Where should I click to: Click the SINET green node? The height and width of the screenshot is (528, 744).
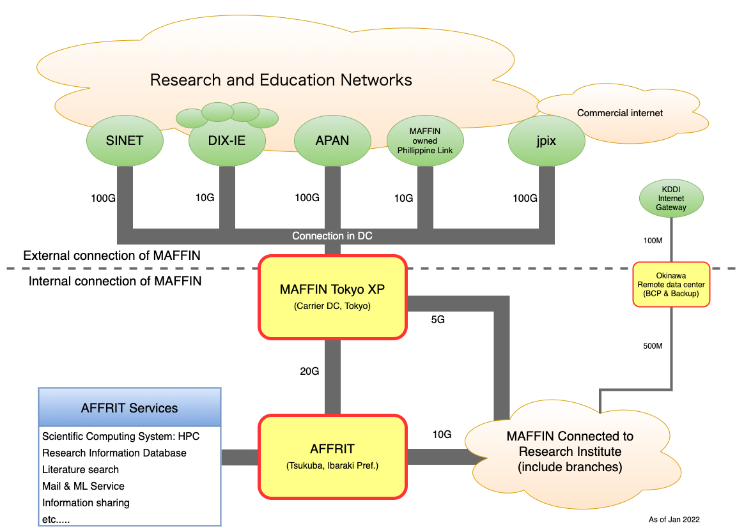click(125, 140)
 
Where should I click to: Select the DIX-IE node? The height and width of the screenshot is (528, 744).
click(227, 141)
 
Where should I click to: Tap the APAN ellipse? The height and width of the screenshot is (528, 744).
click(332, 140)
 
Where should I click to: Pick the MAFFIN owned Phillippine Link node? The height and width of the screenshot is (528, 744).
click(424, 140)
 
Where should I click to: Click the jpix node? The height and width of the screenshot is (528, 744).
click(546, 140)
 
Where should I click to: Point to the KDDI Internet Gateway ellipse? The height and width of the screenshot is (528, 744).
click(671, 199)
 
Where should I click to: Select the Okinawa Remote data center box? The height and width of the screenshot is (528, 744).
click(671, 284)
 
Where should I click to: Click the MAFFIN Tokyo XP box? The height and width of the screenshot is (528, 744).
click(332, 296)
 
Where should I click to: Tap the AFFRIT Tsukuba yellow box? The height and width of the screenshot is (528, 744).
click(332, 456)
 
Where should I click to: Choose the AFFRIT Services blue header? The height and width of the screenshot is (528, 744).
click(130, 407)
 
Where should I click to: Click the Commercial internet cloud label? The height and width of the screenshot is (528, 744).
click(620, 113)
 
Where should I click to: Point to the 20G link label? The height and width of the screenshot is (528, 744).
click(309, 372)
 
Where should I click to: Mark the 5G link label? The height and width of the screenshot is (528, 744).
click(438, 320)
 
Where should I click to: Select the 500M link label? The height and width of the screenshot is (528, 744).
click(653, 346)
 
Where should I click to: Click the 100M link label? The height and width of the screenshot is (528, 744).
click(653, 241)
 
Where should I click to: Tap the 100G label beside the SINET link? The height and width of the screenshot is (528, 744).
click(103, 198)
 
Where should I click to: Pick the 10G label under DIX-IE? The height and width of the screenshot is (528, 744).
click(205, 198)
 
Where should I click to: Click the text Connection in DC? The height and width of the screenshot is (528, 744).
click(332, 236)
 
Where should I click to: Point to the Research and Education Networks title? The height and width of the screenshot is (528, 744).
click(281, 80)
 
